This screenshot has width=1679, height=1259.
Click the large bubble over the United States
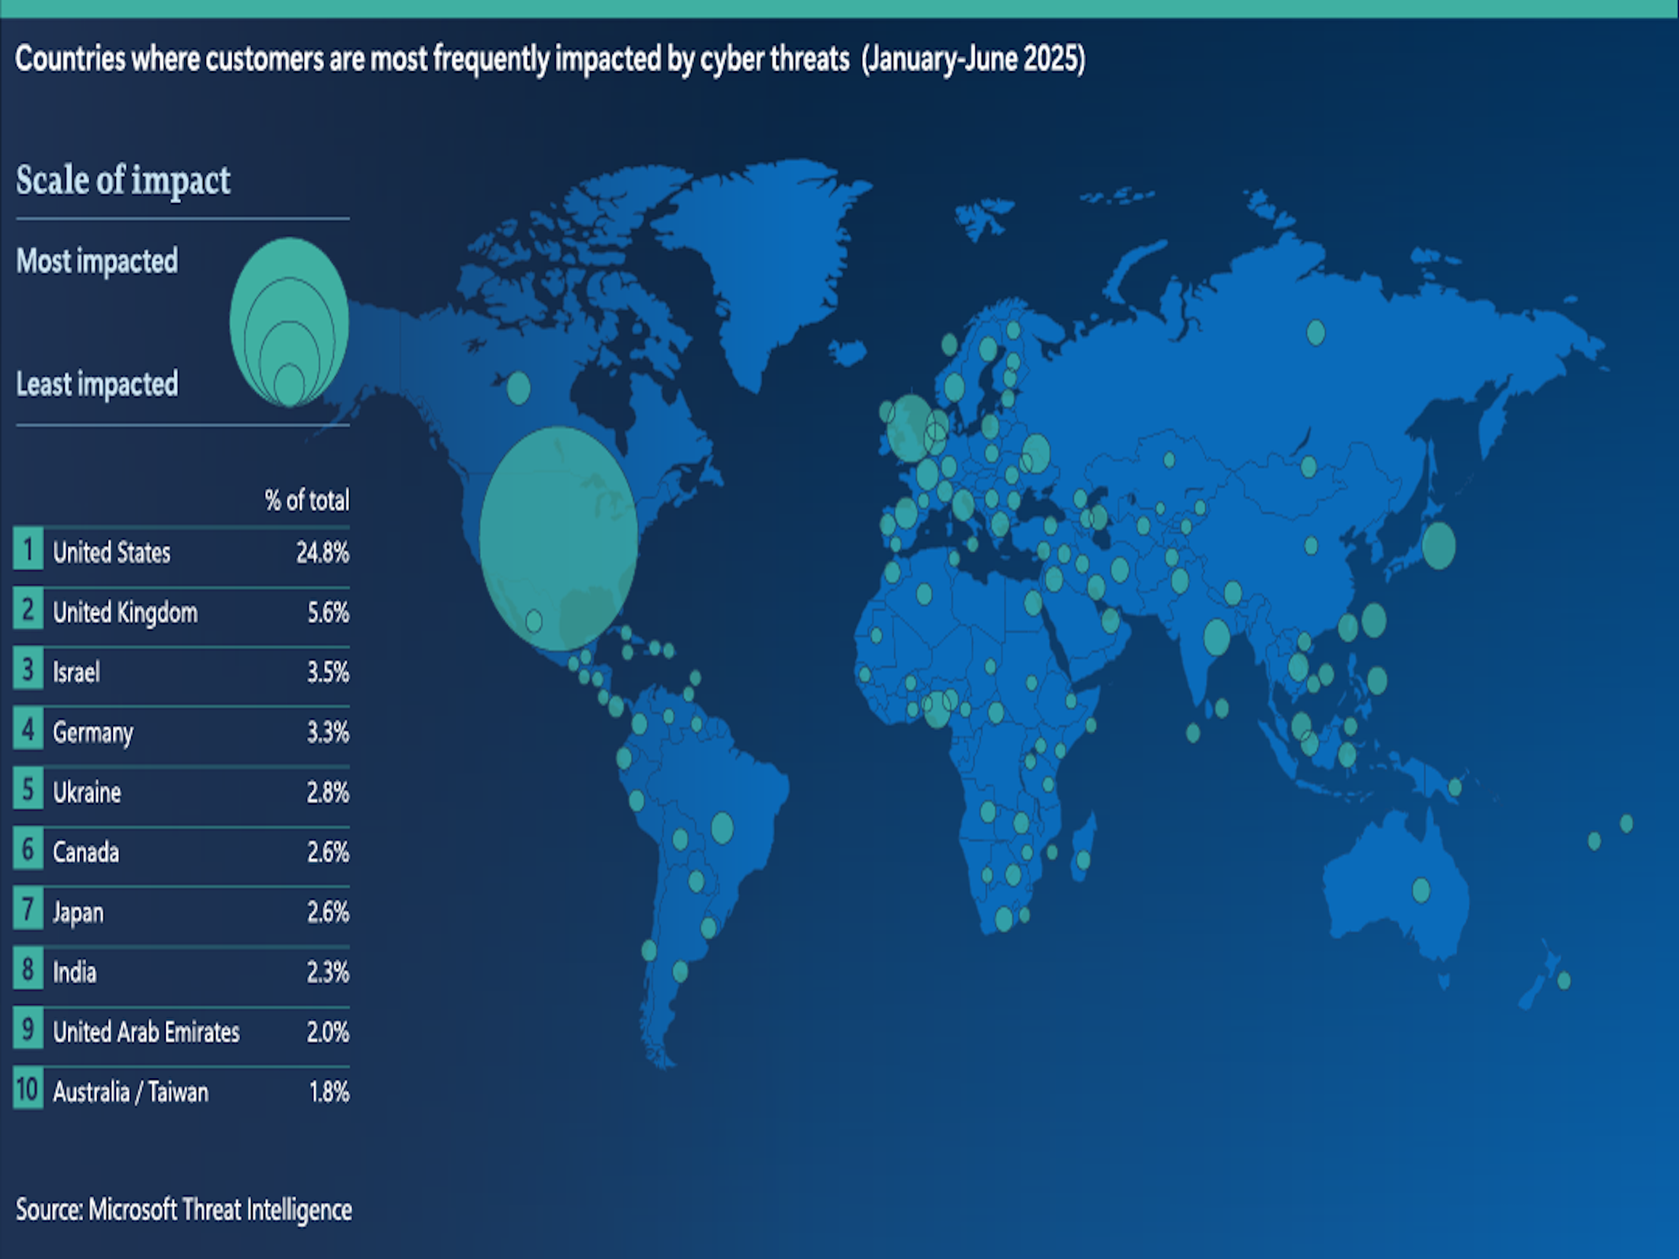point(558,539)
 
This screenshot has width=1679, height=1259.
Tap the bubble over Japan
point(1438,546)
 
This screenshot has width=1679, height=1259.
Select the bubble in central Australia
point(1421,890)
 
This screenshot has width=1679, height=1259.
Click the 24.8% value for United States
point(322,553)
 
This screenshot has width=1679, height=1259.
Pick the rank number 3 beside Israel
point(28,671)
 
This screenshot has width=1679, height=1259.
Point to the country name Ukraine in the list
point(87,792)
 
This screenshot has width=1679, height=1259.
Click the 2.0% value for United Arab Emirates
point(328,1032)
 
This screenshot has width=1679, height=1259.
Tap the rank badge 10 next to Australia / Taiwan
point(28,1090)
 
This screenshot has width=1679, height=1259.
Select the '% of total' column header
point(306,501)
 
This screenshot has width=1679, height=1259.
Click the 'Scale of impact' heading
point(123,181)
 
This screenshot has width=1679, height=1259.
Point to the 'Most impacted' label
point(97,261)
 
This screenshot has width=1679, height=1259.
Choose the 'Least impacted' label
point(97,385)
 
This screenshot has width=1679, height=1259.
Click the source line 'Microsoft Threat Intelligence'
point(220,1210)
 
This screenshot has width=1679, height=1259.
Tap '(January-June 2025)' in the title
point(973,59)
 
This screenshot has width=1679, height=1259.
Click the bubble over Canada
point(518,388)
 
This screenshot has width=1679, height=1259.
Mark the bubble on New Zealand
point(1563,981)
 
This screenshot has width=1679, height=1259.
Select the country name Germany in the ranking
point(93,733)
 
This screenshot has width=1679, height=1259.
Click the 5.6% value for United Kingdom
point(328,613)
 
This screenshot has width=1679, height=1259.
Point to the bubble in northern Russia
point(1315,333)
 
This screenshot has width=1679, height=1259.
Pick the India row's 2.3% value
point(328,972)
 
